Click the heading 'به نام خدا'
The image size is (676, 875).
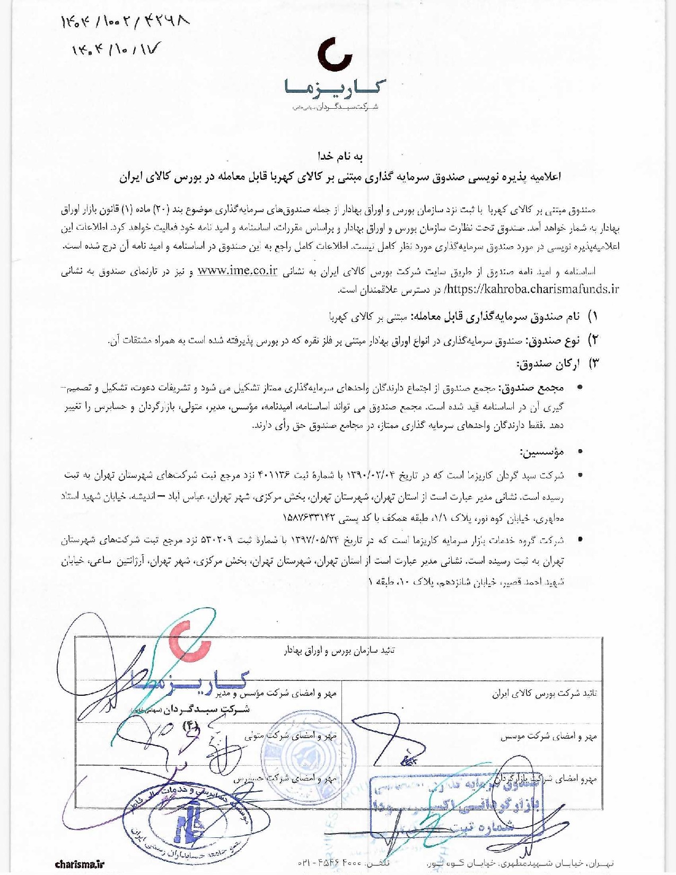pyautogui.click(x=340, y=156)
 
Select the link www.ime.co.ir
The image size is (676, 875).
pyautogui.click(x=238, y=271)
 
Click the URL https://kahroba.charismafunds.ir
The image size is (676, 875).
pyautogui.click(x=532, y=289)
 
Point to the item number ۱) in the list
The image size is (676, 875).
pyautogui.click(x=593, y=317)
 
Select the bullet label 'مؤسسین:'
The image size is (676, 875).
pyautogui.click(x=542, y=452)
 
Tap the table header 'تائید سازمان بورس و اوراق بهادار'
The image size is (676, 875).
pyautogui.click(x=339, y=651)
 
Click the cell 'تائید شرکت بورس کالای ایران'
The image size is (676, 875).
pyautogui.click(x=544, y=693)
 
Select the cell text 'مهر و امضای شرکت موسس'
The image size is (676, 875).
pyautogui.click(x=549, y=736)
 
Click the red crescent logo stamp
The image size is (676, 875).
pyautogui.click(x=191, y=642)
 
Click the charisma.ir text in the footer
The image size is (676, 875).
pyautogui.click(x=80, y=864)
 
